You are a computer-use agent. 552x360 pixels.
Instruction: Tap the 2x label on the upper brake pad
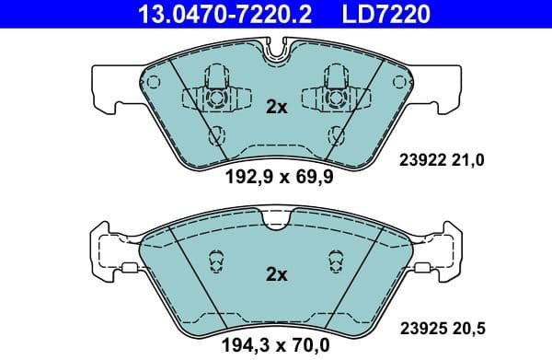point(276,107)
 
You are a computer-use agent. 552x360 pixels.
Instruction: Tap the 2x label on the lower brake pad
point(276,274)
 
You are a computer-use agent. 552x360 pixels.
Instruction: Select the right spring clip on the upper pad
point(336,92)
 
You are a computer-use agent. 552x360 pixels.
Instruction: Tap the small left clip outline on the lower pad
point(217,261)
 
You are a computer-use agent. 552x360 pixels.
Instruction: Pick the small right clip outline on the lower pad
point(335,261)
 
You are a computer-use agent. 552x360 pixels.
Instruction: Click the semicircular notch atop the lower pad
point(276,219)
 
